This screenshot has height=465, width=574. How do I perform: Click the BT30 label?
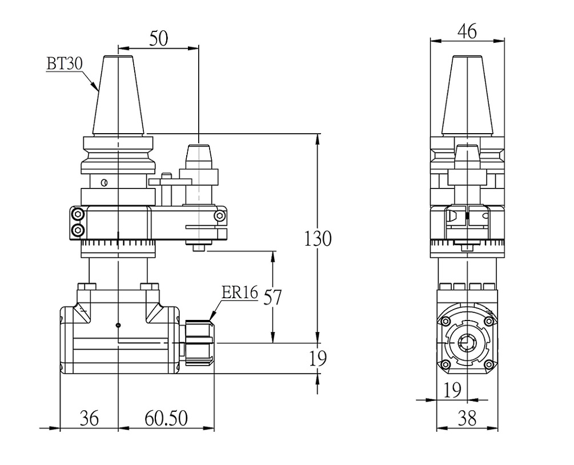pos(65,64)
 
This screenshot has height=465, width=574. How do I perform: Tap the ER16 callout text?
pos(240,293)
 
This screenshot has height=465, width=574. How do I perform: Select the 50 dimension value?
pos(159,38)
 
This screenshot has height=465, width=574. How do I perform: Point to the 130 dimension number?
pos(318,238)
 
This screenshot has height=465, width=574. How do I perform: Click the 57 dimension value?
pos(273,297)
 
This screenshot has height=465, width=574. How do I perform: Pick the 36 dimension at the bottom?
pos(89,418)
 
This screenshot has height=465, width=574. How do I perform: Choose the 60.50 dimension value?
pos(166,418)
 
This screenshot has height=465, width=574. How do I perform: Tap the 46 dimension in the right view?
pos(467,31)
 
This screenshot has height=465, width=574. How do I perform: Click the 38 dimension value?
pos(467,418)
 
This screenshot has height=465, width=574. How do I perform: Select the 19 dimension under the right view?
pos(452,390)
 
